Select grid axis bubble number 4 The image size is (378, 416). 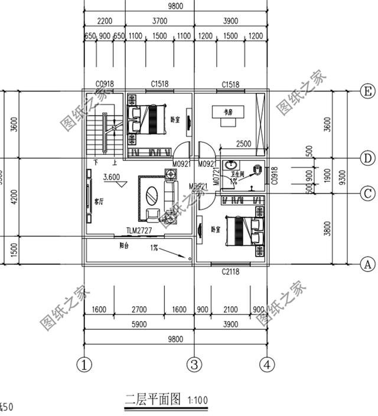268,364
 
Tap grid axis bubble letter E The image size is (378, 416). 367,90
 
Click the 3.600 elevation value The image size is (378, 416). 112,176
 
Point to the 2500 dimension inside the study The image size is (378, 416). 244,143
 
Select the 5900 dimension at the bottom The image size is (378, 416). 139,324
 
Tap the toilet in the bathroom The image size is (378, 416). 258,171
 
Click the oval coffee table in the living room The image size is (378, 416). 152,195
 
